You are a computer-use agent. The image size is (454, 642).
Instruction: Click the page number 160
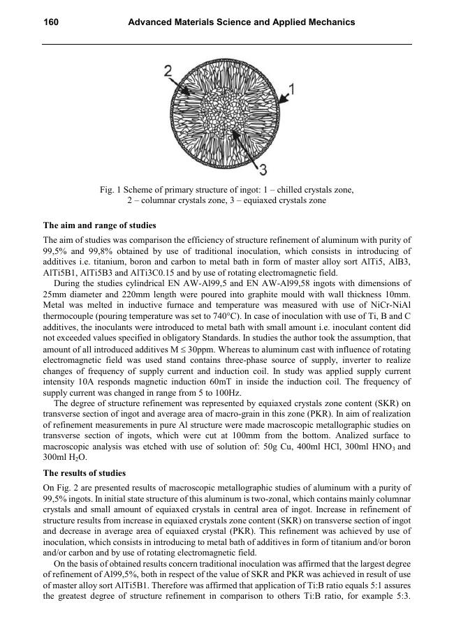point(50,22)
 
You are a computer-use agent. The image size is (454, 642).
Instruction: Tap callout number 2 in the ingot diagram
point(168,70)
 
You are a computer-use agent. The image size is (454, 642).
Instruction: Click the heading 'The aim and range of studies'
point(100,225)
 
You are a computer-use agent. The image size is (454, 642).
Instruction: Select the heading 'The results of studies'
point(85,472)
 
